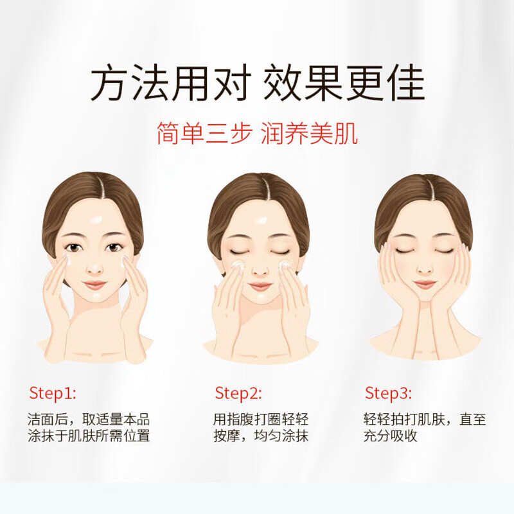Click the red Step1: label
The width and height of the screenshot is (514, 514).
[x=53, y=393]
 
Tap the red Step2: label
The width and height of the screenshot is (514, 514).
[x=238, y=393]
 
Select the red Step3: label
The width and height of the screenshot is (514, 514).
[x=388, y=393]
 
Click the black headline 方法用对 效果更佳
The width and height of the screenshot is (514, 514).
[x=258, y=83]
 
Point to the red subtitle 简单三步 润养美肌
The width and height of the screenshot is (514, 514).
[x=258, y=133]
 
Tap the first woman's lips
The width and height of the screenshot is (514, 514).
[x=94, y=285]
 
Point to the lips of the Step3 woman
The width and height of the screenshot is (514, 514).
[x=425, y=284]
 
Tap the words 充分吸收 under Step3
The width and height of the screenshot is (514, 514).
[x=390, y=436]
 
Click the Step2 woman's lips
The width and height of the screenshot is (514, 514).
[x=260, y=286]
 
